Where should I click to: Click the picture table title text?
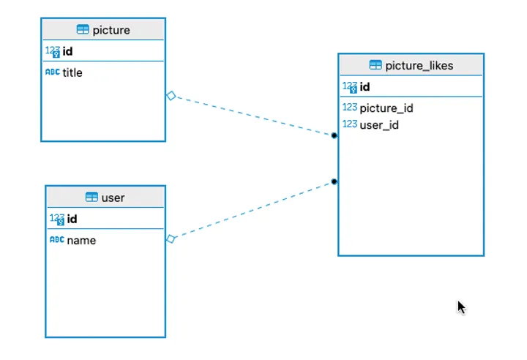[111, 30]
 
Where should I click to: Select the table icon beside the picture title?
[83, 30]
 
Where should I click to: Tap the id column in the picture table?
[67, 51]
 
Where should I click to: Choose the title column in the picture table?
[72, 72]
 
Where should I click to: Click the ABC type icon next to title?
[53, 72]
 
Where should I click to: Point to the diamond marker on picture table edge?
[171, 95]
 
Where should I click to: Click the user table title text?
[113, 198]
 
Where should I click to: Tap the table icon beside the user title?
[91, 198]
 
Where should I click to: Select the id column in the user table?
[72, 219]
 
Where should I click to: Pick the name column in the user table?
[81, 240]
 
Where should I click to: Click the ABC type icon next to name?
[56, 240]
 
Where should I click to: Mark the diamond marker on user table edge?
[171, 239]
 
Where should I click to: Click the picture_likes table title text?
[419, 65]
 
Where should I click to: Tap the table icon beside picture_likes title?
[375, 65]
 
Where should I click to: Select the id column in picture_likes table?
[365, 87]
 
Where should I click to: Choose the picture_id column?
[386, 108]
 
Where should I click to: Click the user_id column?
[379, 125]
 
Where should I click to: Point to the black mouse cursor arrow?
[461, 307]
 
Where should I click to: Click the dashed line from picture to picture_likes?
[253, 116]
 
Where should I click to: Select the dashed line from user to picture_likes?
[253, 210]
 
